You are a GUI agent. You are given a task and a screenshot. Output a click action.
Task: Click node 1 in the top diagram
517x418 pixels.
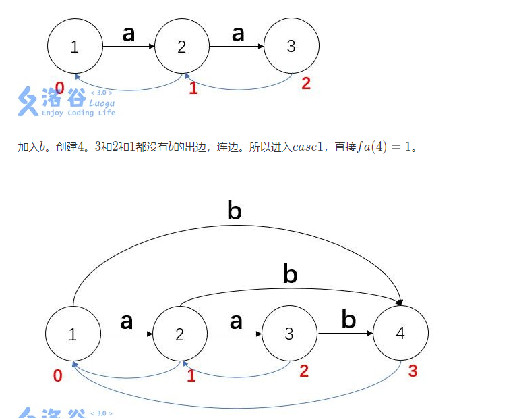coord(75,47)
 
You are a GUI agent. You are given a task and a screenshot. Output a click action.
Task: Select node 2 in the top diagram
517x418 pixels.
coord(182,47)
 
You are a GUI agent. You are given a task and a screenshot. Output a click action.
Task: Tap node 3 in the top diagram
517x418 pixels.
coord(291,47)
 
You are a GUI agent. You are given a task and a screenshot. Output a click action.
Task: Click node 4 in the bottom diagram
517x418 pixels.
coord(400,334)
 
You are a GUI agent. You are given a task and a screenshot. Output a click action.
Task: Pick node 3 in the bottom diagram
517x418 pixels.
coord(289,334)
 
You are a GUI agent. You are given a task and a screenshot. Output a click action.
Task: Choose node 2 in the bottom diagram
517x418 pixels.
coord(180,334)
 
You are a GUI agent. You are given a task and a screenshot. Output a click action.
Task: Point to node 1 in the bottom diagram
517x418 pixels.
coord(73,334)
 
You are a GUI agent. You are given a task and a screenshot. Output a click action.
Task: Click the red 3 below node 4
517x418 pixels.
coord(413,371)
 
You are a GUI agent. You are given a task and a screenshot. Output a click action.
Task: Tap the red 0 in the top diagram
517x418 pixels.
coord(59,88)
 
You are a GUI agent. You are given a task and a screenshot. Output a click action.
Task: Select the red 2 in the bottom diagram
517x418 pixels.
coord(304,371)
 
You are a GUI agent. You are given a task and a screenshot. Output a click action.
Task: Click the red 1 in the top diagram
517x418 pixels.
coord(193,88)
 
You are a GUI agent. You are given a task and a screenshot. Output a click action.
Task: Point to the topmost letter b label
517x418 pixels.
coord(234,211)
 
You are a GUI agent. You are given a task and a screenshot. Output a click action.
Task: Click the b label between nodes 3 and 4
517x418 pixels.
coord(348,319)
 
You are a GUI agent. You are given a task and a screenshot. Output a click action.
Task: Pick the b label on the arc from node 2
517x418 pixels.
coord(290,274)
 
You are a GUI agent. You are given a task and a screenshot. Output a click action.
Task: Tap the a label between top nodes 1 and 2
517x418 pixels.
coord(129,33)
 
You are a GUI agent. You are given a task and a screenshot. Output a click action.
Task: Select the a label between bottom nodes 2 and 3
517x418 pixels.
coord(235,321)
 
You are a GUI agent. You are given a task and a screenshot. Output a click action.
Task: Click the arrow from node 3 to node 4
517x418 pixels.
coord(344,334)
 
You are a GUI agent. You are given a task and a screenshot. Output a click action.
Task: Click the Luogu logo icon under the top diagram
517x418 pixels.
coord(28,101)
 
